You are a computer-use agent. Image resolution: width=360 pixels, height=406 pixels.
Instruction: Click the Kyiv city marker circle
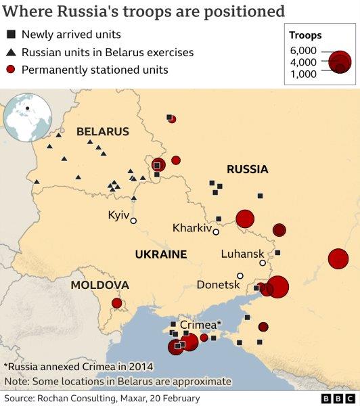(134, 221)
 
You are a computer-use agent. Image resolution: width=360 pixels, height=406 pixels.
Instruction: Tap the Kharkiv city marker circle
(216, 232)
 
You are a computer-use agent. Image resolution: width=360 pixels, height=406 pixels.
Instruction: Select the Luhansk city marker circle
(263, 263)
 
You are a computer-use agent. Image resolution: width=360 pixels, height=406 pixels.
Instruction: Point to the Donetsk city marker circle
(240, 275)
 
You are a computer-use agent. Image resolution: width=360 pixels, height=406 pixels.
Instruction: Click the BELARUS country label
(102, 131)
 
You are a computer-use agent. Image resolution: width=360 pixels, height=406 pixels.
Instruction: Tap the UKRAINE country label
(160, 254)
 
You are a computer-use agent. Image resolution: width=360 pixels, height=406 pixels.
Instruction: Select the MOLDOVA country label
(99, 286)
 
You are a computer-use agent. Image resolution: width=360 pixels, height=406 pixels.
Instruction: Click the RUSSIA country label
(247, 169)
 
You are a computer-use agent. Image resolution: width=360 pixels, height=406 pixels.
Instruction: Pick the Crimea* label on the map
(200, 325)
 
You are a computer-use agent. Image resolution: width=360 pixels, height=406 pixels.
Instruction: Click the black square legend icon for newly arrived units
(11, 35)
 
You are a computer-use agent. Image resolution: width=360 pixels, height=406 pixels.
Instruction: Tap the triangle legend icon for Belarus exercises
(11, 52)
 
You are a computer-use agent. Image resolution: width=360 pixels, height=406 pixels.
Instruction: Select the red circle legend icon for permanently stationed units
(11, 70)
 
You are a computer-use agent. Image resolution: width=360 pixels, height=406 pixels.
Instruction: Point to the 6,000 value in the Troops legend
(302, 51)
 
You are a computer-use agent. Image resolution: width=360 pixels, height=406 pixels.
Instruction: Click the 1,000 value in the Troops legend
(302, 74)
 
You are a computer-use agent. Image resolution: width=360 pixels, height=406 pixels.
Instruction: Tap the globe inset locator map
(28, 118)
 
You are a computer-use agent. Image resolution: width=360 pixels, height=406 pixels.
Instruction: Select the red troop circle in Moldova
(116, 304)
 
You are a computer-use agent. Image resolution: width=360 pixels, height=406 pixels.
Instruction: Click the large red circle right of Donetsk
(277, 287)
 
